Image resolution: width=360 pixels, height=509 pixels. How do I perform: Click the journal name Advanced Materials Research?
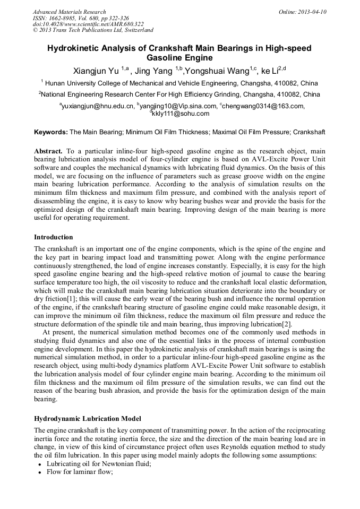pos(69,12)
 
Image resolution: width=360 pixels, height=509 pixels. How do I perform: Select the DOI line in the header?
pos(88,24)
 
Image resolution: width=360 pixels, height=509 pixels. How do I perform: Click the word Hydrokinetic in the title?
pos(73,48)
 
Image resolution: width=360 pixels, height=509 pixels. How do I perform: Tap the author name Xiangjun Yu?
pos(96,70)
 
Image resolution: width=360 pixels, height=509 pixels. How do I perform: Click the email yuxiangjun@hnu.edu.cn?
pos(98,106)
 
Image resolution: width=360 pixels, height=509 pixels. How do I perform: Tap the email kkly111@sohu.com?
pos(181,114)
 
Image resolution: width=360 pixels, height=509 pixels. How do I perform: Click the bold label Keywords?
pos(51,132)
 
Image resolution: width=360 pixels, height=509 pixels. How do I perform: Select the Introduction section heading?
pos(54,237)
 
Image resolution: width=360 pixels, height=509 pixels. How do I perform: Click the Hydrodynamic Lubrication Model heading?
pos(88,419)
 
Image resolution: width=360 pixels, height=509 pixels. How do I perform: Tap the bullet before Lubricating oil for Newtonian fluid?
pos(40,464)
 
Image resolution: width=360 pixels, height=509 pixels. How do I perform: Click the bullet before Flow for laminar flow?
pos(40,472)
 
